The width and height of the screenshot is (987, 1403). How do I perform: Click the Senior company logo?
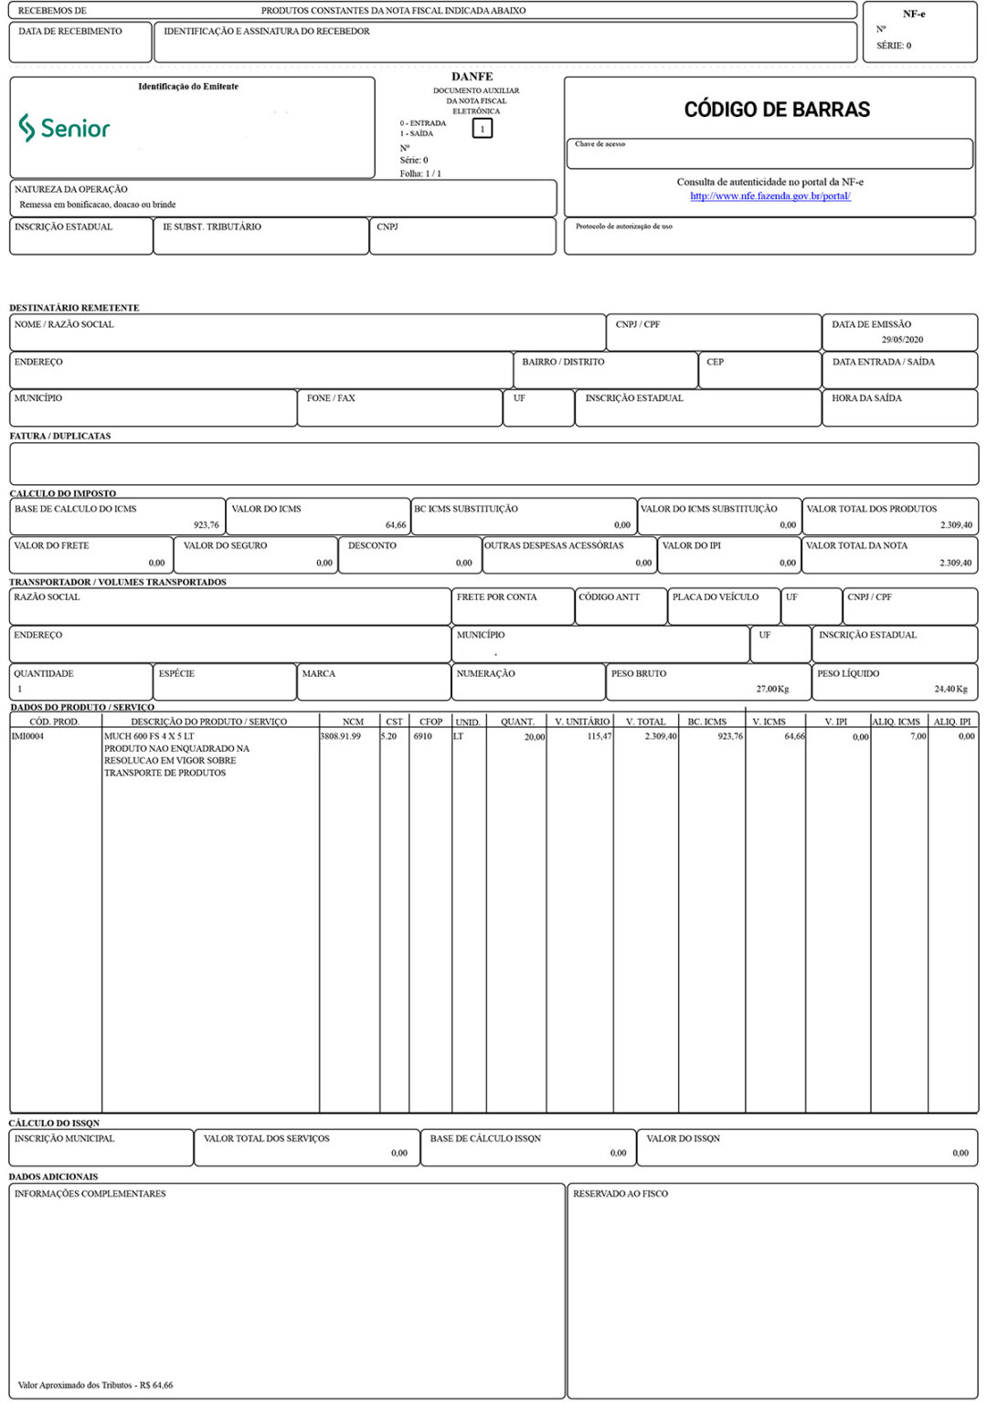(x=64, y=128)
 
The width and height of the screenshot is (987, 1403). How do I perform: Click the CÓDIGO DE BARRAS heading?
(x=777, y=110)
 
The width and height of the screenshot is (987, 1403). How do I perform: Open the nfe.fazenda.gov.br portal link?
(x=770, y=195)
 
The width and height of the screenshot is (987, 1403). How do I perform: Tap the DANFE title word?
(x=472, y=77)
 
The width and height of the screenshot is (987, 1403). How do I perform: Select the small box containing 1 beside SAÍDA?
(x=483, y=129)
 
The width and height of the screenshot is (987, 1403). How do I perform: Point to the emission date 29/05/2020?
(x=902, y=340)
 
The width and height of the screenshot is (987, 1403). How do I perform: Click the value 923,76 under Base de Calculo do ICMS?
(x=206, y=525)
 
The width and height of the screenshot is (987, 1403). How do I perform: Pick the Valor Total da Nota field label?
(x=856, y=545)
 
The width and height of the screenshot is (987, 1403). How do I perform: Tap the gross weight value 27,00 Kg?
(x=771, y=689)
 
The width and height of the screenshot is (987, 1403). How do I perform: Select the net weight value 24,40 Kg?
(x=950, y=689)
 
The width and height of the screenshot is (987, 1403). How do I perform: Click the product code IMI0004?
(x=27, y=736)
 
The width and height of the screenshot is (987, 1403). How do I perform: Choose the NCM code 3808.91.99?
(x=341, y=736)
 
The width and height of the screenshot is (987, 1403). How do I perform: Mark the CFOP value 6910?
(x=423, y=736)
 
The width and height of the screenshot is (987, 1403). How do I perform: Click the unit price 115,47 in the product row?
(x=599, y=736)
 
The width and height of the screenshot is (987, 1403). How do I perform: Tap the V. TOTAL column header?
(x=645, y=722)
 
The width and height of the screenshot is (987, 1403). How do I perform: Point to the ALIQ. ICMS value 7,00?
(x=918, y=736)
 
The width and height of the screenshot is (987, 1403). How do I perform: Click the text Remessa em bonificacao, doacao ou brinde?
(x=98, y=205)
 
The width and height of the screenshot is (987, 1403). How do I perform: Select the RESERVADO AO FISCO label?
(x=620, y=1194)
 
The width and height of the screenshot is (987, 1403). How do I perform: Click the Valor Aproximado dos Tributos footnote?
(x=95, y=1385)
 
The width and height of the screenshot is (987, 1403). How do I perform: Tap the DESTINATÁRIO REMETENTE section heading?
(x=74, y=308)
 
